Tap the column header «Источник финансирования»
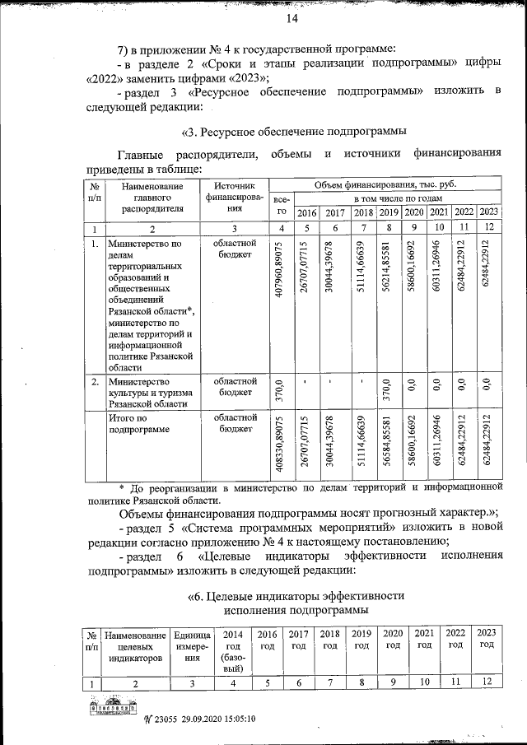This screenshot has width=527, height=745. tap(235, 198)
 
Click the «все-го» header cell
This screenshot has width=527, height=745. tap(282, 205)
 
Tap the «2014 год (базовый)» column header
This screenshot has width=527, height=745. tap(233, 651)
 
